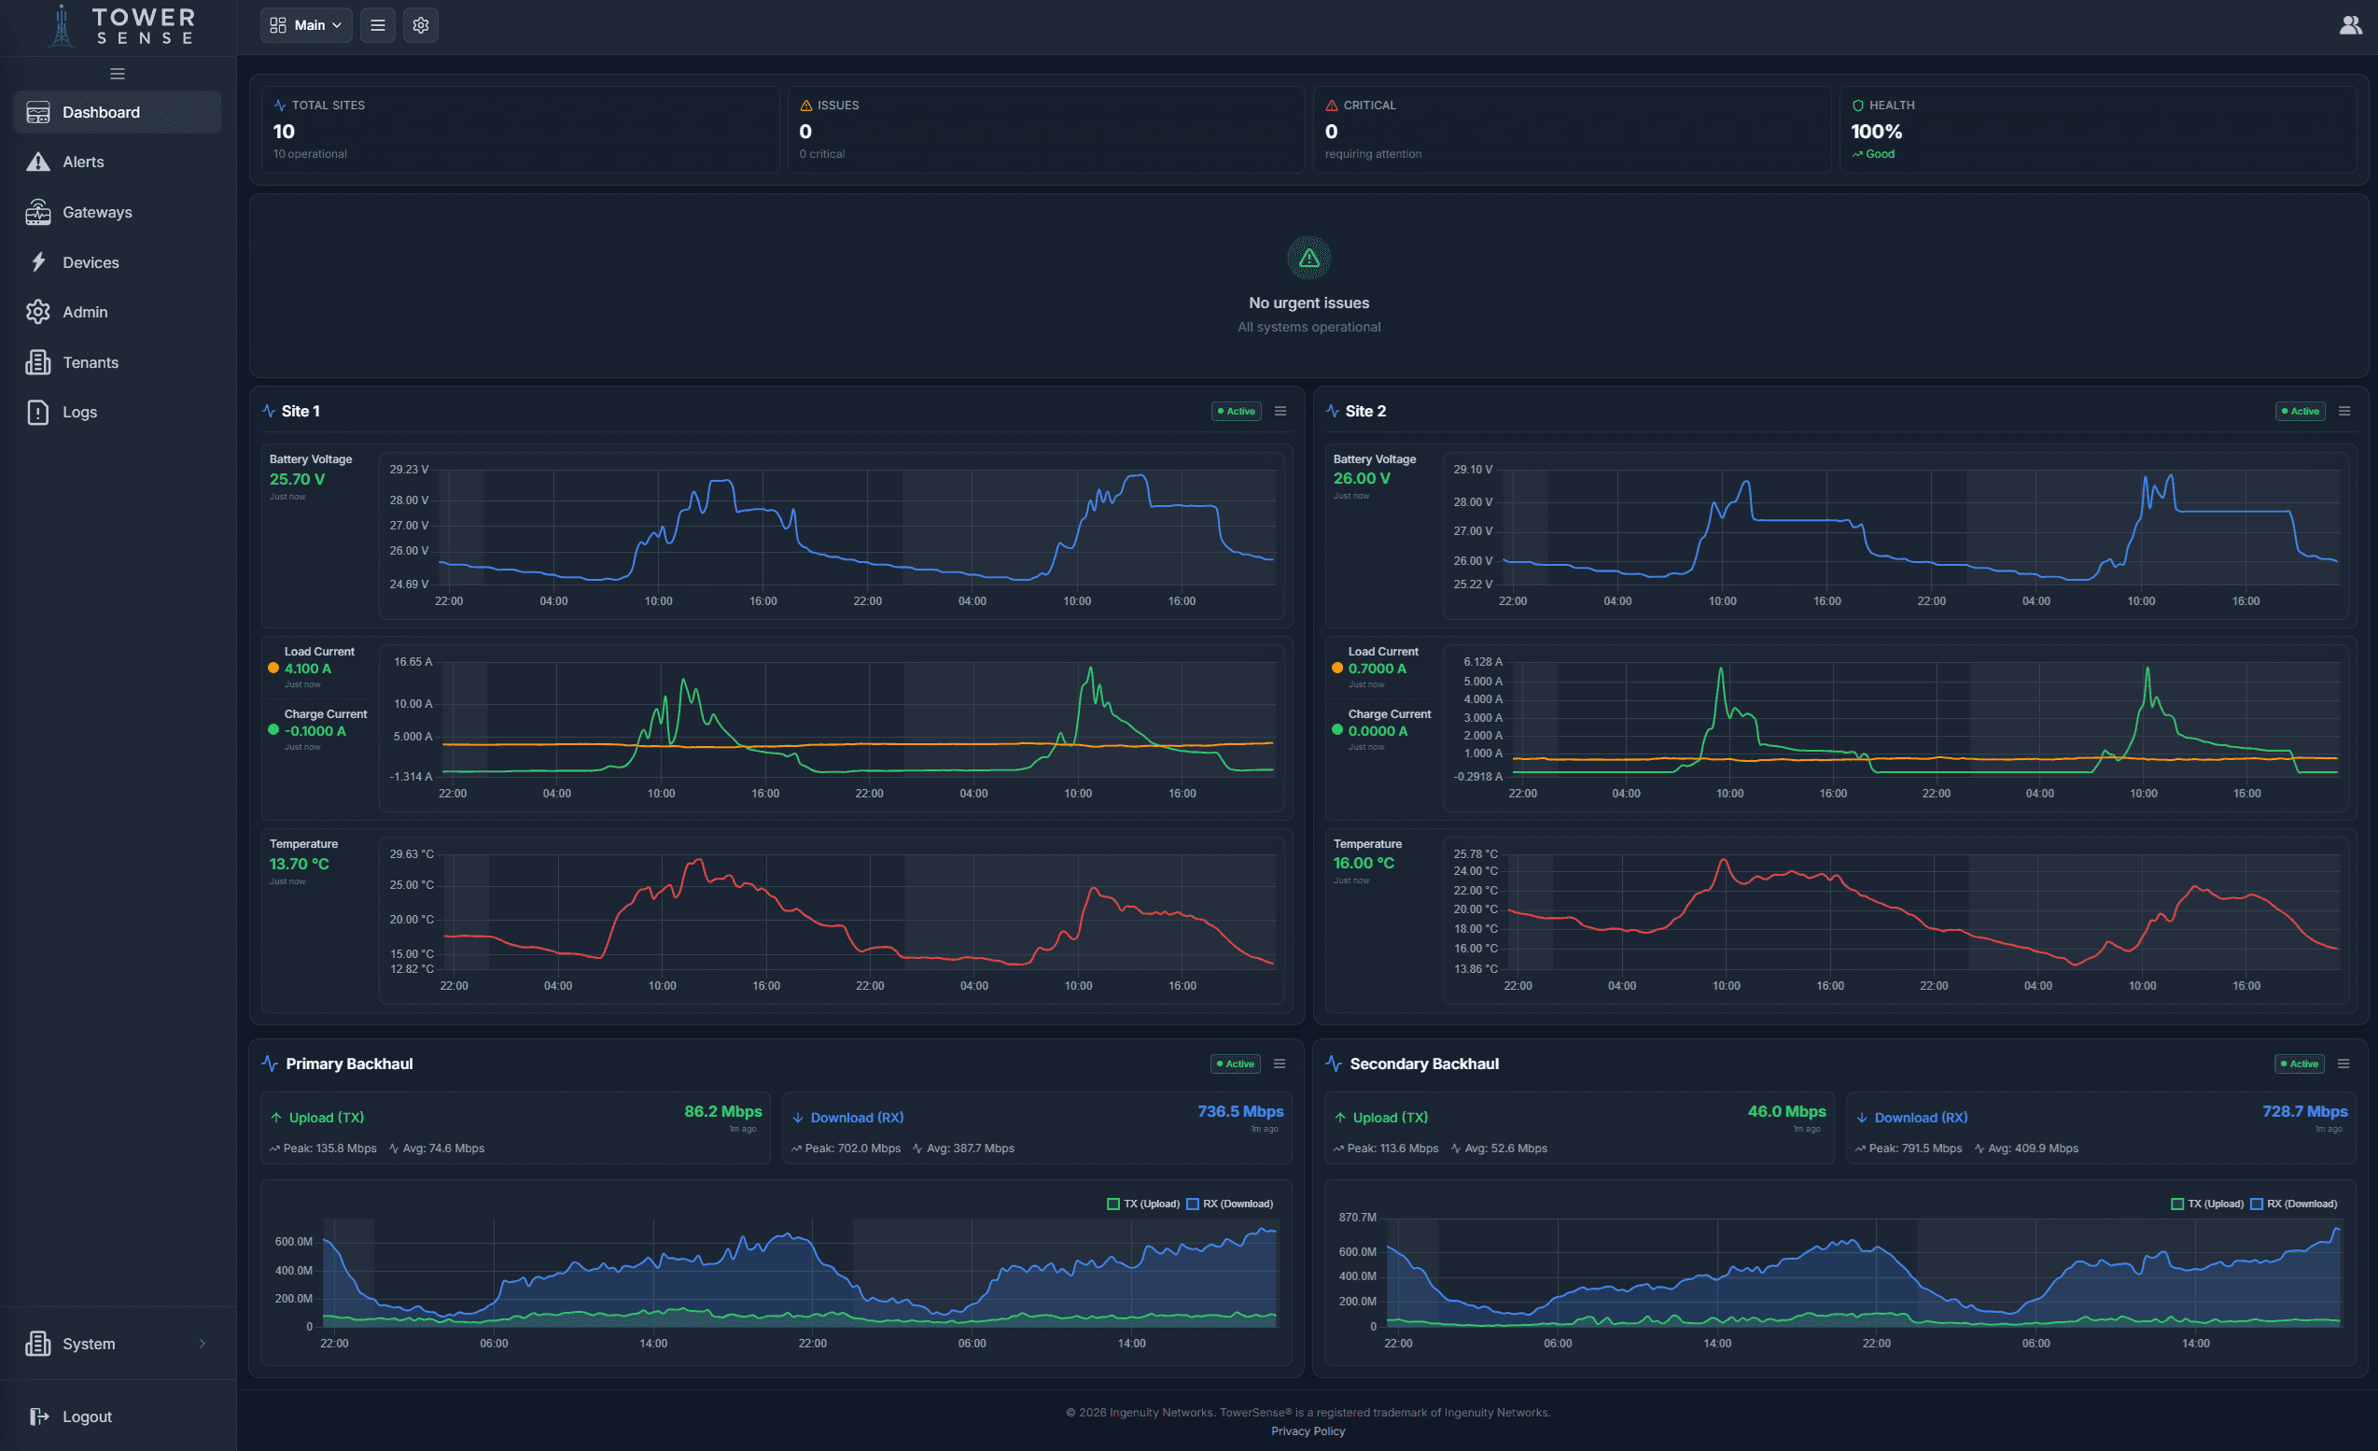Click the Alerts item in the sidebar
point(83,162)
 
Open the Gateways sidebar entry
point(96,212)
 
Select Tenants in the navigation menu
point(90,362)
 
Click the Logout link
point(86,1416)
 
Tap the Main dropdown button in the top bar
point(306,25)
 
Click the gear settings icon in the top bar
point(421,25)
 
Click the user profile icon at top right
point(2350,25)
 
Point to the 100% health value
point(1875,132)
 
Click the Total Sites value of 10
point(284,132)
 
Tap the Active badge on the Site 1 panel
point(1236,411)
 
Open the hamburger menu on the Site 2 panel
point(2344,411)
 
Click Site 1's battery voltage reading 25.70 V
point(297,479)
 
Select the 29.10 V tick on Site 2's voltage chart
point(1473,469)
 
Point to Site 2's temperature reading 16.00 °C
point(1363,863)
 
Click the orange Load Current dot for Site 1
point(273,668)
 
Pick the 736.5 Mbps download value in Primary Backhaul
point(1240,1111)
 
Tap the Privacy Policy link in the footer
point(1308,1430)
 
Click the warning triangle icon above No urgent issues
point(1308,258)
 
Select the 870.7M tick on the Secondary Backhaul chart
point(1357,1218)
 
